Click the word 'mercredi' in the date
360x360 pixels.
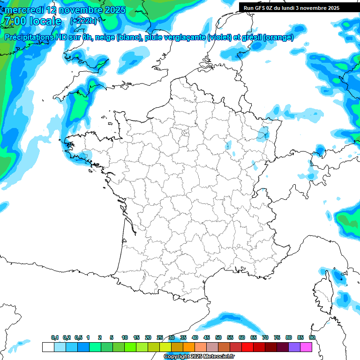click(24, 10)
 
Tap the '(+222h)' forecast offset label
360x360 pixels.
click(83, 21)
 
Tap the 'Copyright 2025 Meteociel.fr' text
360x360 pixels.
click(199, 357)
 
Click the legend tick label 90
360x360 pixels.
click(312, 337)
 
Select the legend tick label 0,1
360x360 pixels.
click(54, 337)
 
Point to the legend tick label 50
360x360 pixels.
click(218, 337)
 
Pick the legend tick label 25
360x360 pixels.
click(160, 337)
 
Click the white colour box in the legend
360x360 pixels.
click(48, 347)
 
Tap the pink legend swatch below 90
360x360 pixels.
click(306, 347)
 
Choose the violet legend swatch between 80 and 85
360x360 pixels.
click(294, 347)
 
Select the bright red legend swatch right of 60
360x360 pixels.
click(247, 347)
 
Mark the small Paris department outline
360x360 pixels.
click(185, 133)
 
